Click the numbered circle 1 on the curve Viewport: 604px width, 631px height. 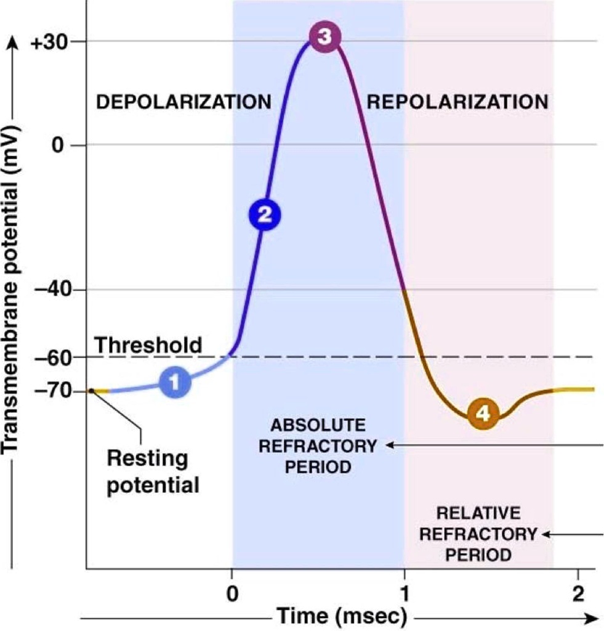(175, 383)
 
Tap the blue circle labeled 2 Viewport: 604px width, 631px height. (264, 214)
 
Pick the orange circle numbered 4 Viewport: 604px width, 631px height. (484, 414)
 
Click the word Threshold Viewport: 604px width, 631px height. (148, 345)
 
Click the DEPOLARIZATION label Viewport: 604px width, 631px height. (183, 102)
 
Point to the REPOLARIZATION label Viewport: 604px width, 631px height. (457, 102)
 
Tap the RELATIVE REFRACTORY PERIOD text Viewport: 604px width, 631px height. (478, 534)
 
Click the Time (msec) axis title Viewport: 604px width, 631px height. (341, 615)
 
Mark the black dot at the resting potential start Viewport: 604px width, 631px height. (91, 390)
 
